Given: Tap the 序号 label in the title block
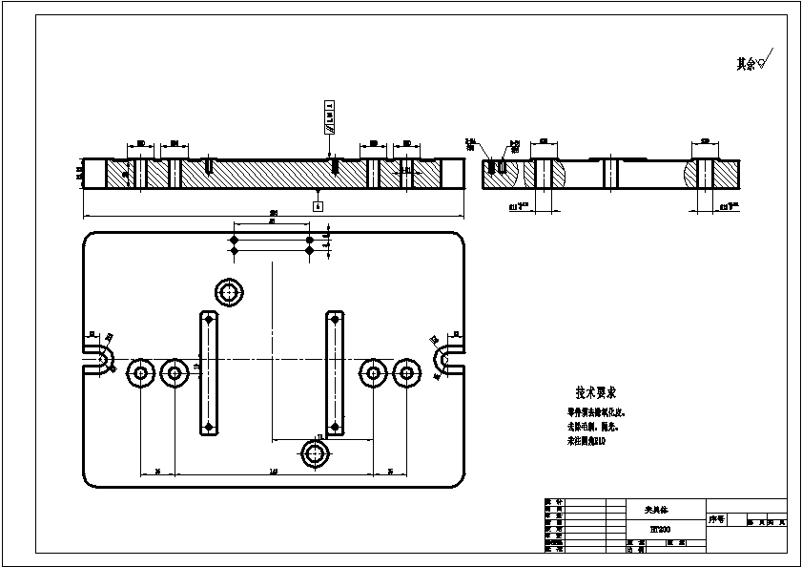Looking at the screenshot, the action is pos(717,520).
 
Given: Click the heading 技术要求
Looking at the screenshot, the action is pos(596,392).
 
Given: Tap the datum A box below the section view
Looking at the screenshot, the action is pos(318,205).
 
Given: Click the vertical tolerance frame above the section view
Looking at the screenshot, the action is pos(330,118).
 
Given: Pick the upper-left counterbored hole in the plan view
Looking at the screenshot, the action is pos(229,293).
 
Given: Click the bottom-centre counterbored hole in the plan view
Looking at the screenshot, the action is pos(315,454).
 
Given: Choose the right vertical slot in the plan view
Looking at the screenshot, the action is pos(335,372).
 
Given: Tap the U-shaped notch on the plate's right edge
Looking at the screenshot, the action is pos(449,359).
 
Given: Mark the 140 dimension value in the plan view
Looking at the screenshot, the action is pos(273,472).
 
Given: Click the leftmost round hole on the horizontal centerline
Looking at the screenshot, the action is pos(141,372).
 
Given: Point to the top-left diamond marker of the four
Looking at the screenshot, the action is pos(234,239).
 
